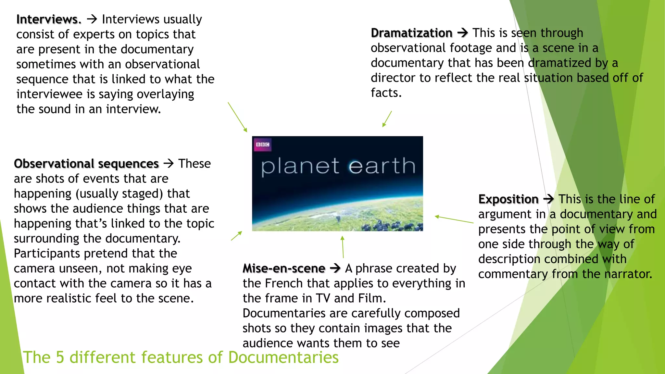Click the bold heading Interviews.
coord(49,19)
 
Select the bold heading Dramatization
coord(411,33)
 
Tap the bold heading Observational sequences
coord(86,164)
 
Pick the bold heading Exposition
coord(508,199)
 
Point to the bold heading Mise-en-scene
coord(284,268)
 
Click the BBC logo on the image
coord(262,145)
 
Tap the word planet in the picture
coord(300,166)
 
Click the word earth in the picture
coord(382,166)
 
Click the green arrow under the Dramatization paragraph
coord(387,119)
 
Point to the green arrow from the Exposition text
coord(454,219)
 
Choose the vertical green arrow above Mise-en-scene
coord(343,247)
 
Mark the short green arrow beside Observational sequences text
coord(236,236)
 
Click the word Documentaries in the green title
coord(283,357)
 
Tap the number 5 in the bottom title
coord(60,357)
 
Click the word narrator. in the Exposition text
coord(628,274)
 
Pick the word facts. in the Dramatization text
coord(386,93)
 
